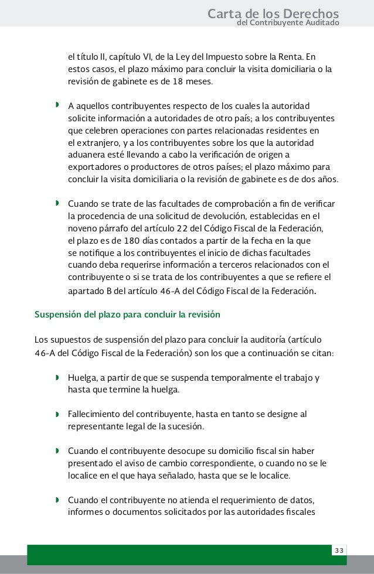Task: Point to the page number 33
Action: [339, 551]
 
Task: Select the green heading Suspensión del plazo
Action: [127, 314]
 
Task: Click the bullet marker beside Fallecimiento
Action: [57, 415]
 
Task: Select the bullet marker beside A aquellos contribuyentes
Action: [57, 106]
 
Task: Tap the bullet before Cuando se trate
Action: [57, 204]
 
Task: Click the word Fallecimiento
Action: [97, 415]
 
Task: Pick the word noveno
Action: [84, 228]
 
